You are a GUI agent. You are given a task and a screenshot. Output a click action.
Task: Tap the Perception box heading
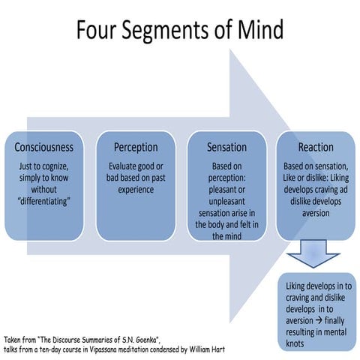pos(136,147)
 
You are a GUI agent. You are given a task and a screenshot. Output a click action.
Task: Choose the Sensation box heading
pos(226,147)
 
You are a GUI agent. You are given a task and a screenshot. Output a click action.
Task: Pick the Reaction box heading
pos(316,147)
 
